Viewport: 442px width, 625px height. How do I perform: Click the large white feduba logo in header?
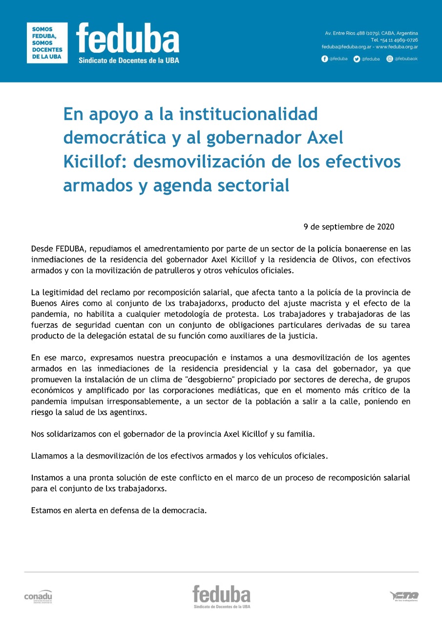pyautogui.click(x=128, y=40)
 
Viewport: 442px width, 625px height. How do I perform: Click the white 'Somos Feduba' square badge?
pyautogui.click(x=47, y=42)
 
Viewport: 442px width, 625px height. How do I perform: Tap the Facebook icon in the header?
pyautogui.click(x=325, y=59)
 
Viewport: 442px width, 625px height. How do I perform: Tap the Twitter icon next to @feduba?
pyautogui.click(x=357, y=59)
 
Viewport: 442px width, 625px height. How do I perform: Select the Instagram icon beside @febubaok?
pyautogui.click(x=390, y=59)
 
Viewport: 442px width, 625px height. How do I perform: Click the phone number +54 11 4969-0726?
pyautogui.click(x=398, y=40)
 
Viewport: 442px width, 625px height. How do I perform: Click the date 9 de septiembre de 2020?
pyautogui.click(x=349, y=227)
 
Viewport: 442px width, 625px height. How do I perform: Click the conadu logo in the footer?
pyautogui.click(x=38, y=596)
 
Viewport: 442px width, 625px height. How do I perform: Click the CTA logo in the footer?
pyautogui.click(x=404, y=596)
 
